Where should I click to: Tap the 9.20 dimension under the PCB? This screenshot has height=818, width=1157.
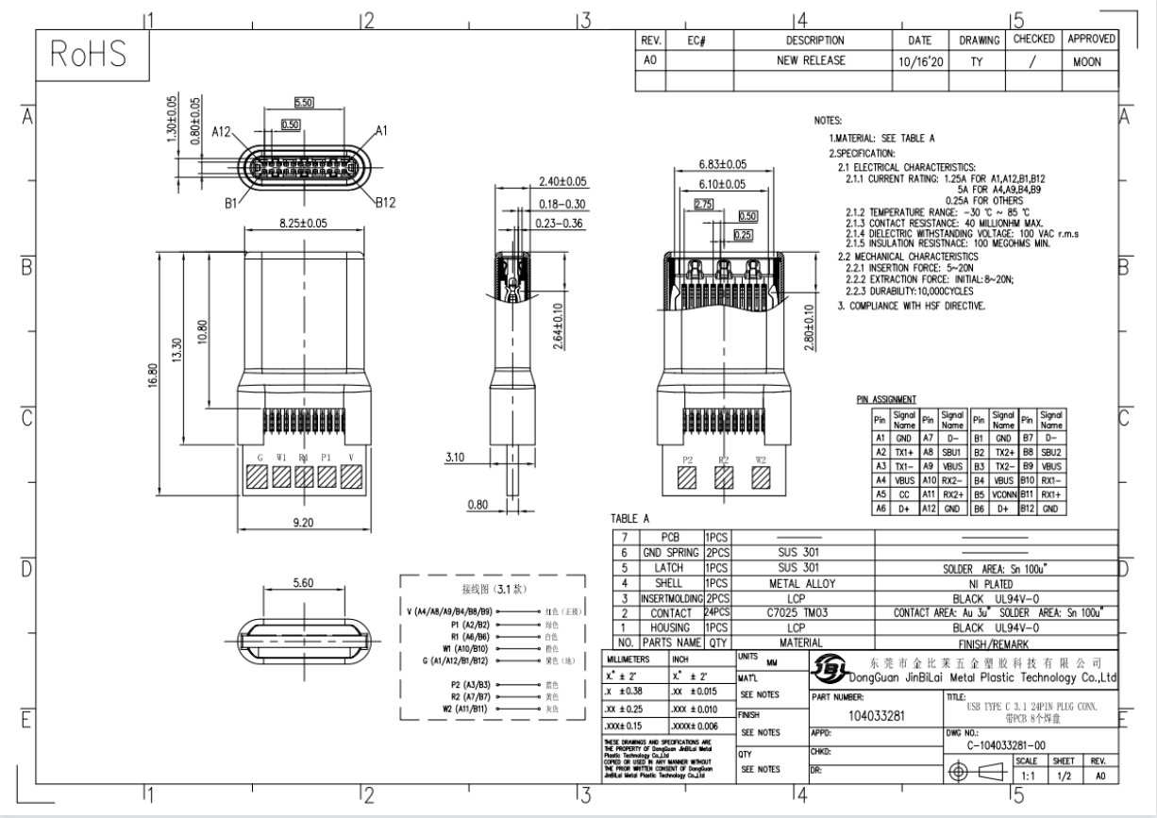303,521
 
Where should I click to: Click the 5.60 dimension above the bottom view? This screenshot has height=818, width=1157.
303,583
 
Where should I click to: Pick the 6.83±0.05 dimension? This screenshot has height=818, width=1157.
722,164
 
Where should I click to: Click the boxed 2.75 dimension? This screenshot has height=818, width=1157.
704,204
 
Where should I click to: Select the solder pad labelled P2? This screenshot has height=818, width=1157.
687,481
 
